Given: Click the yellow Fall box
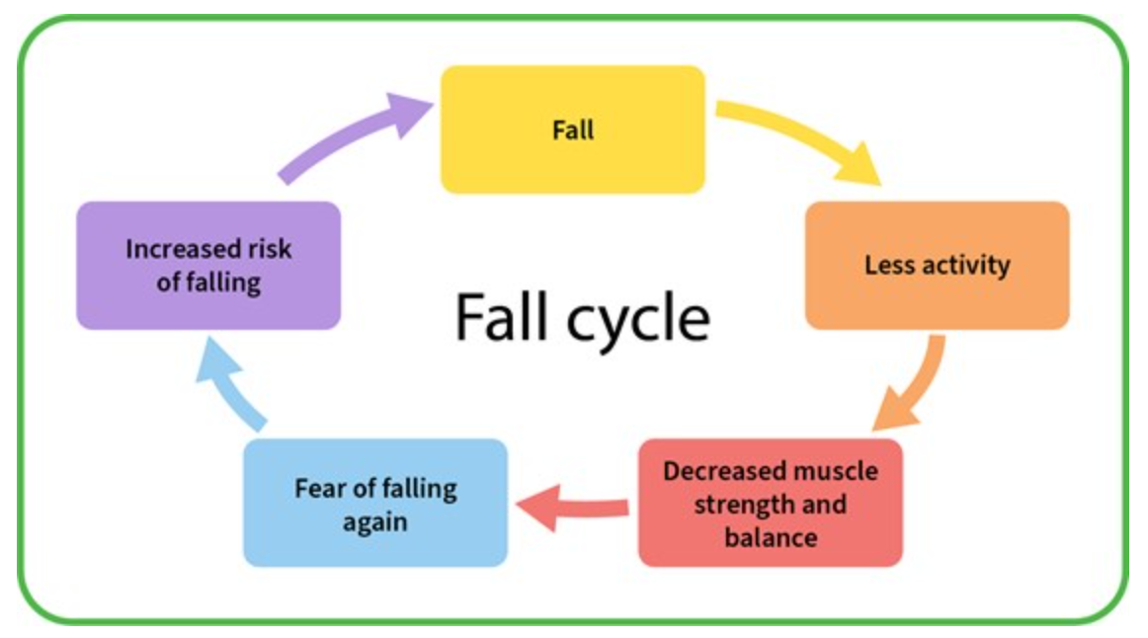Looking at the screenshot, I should (x=572, y=129).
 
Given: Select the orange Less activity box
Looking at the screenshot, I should (x=937, y=265).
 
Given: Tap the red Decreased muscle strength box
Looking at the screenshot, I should (x=770, y=503).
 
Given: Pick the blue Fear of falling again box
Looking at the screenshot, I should (x=375, y=503).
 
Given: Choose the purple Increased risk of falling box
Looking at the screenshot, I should (x=208, y=265).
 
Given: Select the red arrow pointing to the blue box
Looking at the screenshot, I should (x=573, y=505).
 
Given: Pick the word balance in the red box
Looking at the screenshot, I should (x=771, y=537).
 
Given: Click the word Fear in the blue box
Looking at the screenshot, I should (x=318, y=488).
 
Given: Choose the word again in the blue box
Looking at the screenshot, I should (x=375, y=521).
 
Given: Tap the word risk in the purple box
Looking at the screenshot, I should (x=268, y=249).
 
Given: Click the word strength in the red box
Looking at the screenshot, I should (x=740, y=505).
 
